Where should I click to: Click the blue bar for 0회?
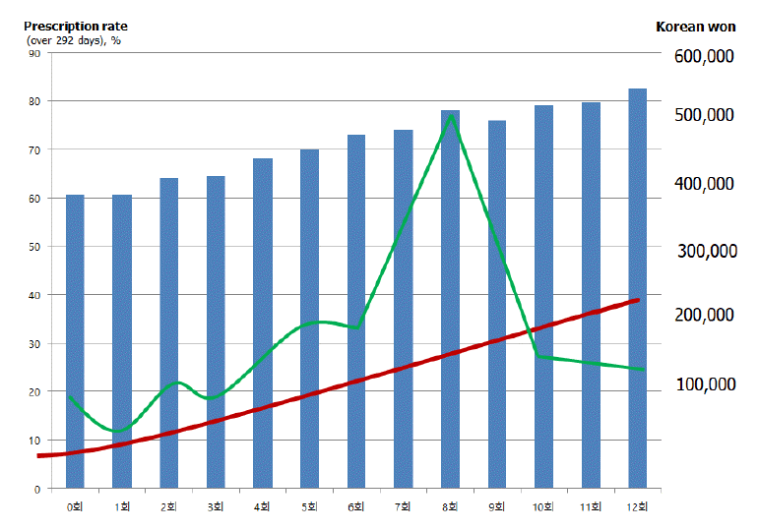(75, 340)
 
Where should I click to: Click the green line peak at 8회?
(451, 116)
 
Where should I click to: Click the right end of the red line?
(638, 300)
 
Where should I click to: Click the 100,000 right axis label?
(705, 383)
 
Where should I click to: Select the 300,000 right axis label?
(709, 251)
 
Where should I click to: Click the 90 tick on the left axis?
(34, 53)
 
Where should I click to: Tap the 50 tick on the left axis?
(34, 247)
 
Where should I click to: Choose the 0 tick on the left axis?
(37, 488)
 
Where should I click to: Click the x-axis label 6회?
(355, 507)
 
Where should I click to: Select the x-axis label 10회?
(543, 507)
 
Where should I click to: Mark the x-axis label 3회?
(215, 507)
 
